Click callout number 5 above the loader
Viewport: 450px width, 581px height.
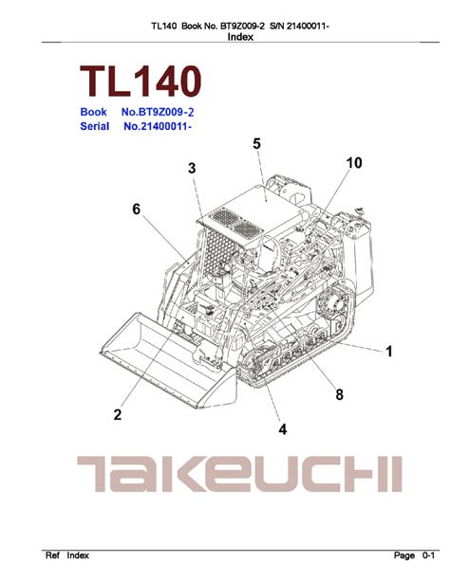(257, 144)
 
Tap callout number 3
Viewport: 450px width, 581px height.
(192, 168)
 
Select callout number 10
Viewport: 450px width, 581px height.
(354, 163)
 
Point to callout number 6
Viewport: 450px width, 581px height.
(137, 209)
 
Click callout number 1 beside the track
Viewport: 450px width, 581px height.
(388, 352)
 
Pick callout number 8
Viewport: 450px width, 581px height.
(339, 394)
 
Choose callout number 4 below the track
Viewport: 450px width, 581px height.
(283, 429)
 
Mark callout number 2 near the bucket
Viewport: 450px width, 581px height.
(118, 414)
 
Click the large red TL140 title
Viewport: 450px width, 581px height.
(141, 82)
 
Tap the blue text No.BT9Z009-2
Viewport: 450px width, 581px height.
(158, 112)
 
